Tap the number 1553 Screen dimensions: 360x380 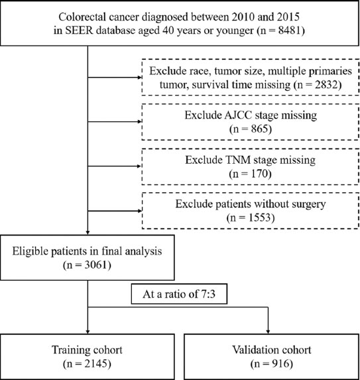pos(259,218)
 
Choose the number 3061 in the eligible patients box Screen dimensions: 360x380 pos(95,265)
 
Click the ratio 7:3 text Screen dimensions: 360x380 pos(208,294)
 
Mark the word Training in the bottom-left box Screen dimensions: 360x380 pos(68,350)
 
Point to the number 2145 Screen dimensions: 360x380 pos(95,364)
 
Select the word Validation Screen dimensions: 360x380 pos(251,350)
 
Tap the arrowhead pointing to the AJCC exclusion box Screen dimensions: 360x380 pos(139,121)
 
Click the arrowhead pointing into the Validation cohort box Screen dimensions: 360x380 pos(268,332)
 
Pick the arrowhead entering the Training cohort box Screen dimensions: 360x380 pos(88,332)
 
